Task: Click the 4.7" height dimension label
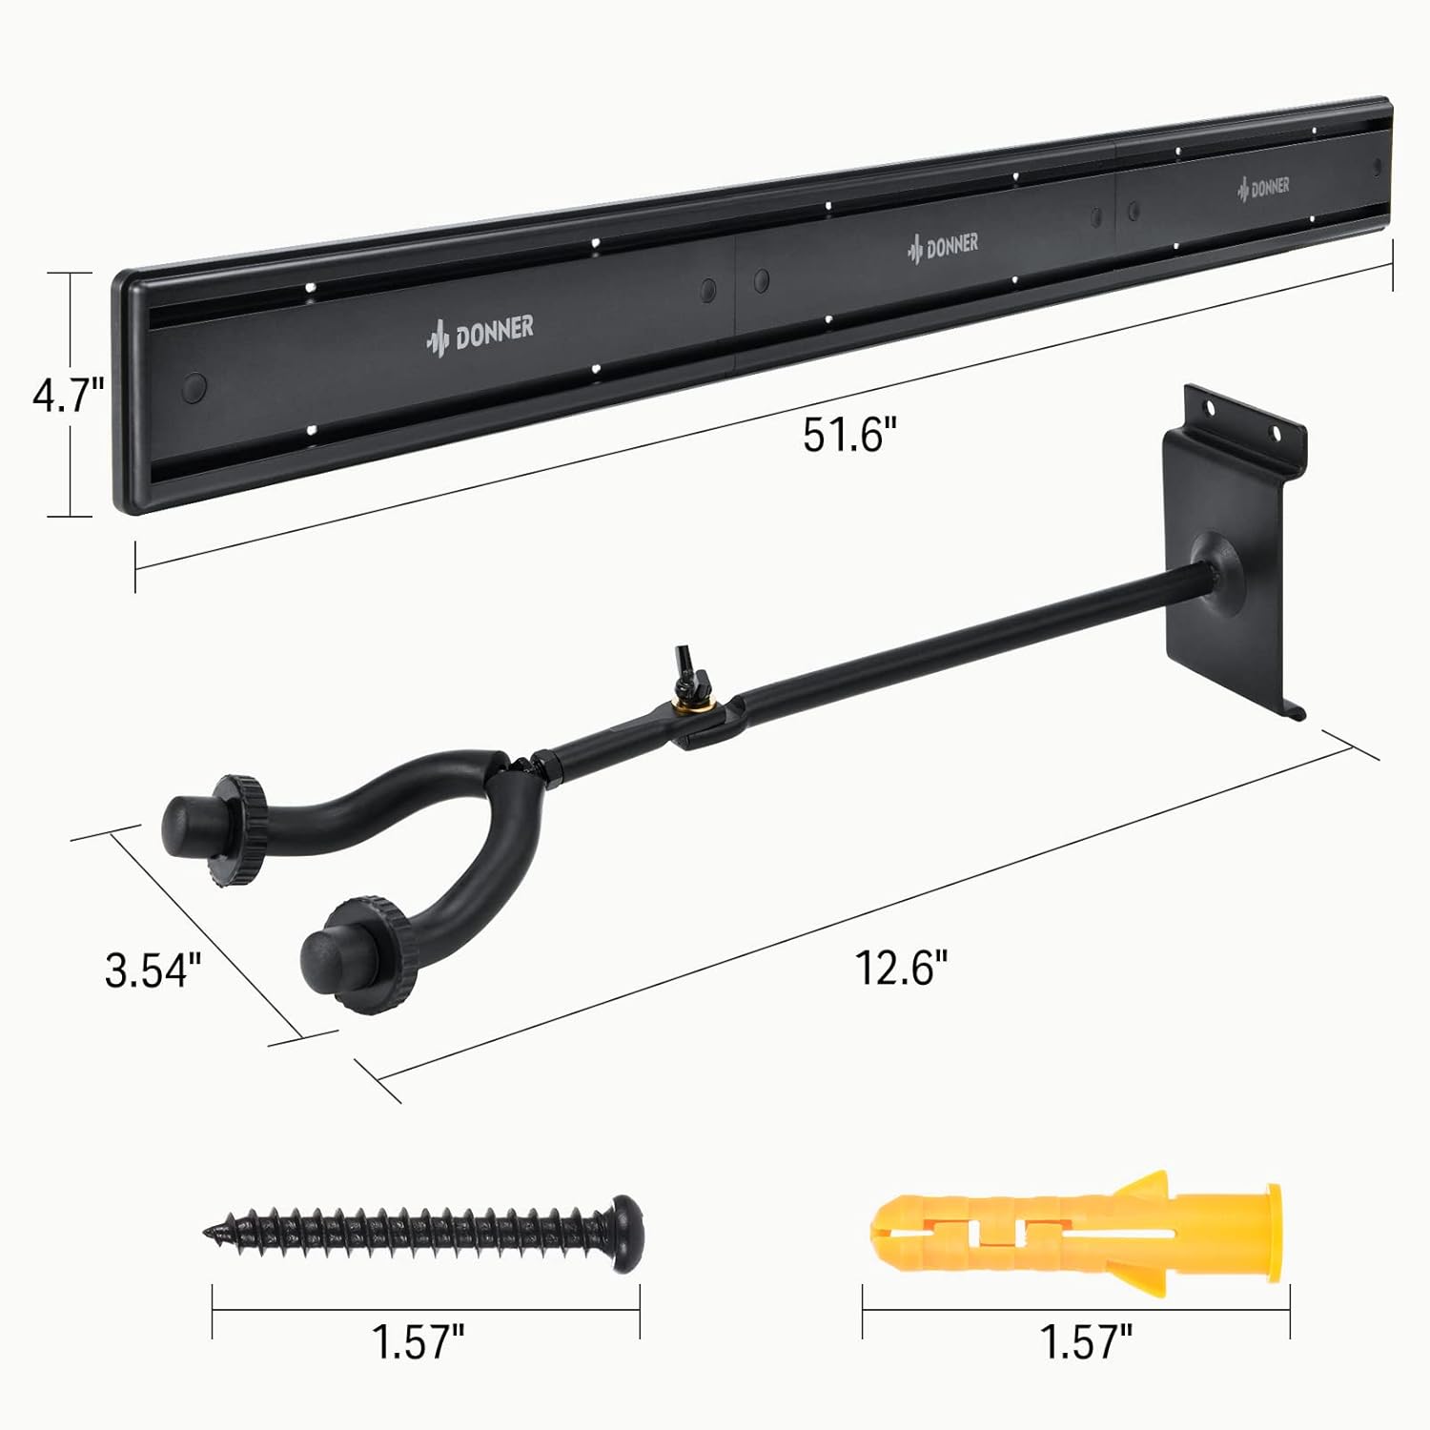click(x=67, y=396)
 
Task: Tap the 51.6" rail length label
click(x=850, y=436)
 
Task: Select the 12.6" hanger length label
click(x=901, y=969)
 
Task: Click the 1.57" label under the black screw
click(x=418, y=1342)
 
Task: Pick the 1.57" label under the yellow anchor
click(x=1085, y=1342)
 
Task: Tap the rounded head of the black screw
click(x=625, y=1234)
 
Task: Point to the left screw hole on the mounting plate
click(x=1211, y=408)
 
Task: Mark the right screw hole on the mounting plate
click(x=1277, y=434)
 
